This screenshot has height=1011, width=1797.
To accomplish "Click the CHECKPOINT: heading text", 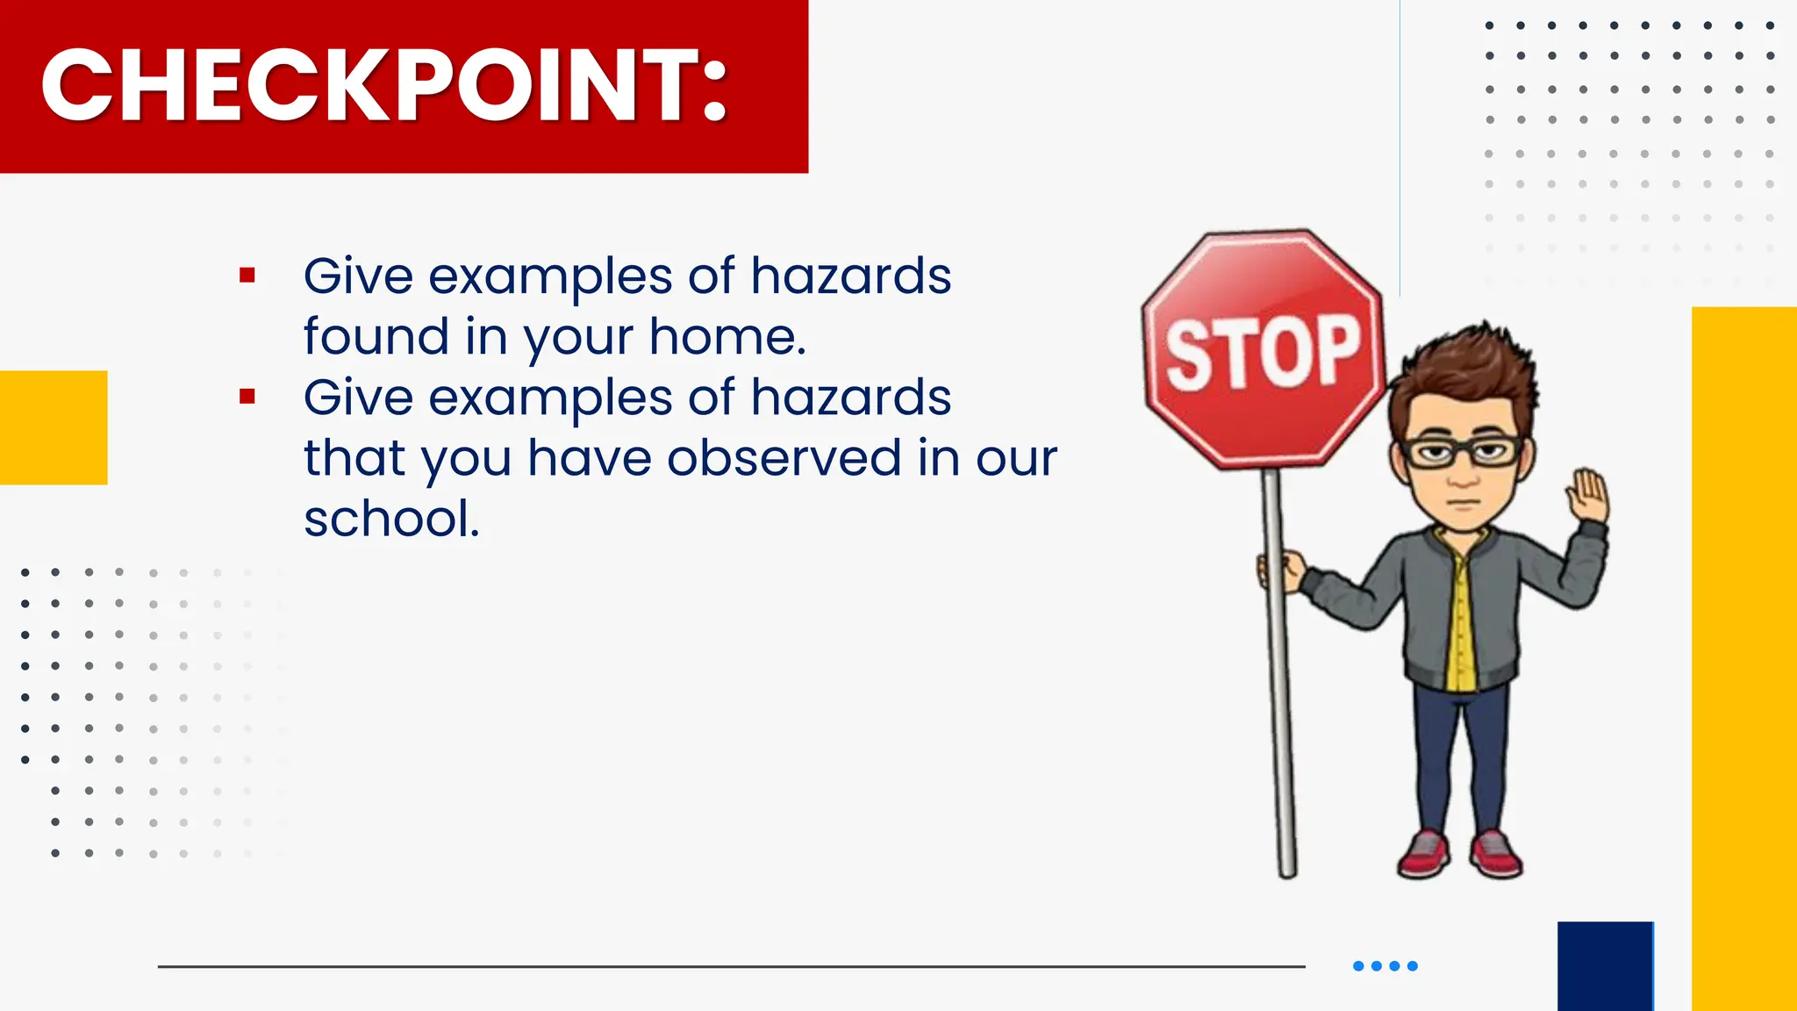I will point(384,85).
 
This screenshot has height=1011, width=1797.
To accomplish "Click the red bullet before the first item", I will point(247,276).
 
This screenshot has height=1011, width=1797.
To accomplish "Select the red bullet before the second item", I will point(247,397).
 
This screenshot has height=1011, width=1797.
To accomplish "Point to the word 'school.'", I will point(391,519).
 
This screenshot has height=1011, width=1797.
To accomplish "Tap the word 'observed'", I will point(784,458).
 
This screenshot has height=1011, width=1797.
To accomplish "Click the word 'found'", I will point(376,337).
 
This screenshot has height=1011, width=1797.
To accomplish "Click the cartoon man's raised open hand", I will point(1589,496).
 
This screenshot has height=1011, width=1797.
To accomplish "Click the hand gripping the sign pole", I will point(1282,570).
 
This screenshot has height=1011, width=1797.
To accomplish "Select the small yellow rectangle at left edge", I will point(54,427).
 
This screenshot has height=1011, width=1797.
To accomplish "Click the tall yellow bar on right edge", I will point(1743,658).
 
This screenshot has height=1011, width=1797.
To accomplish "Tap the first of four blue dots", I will point(1358,966).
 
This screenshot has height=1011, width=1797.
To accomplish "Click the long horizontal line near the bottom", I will point(731,966).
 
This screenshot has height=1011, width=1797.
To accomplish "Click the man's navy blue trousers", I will point(1461,755).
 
